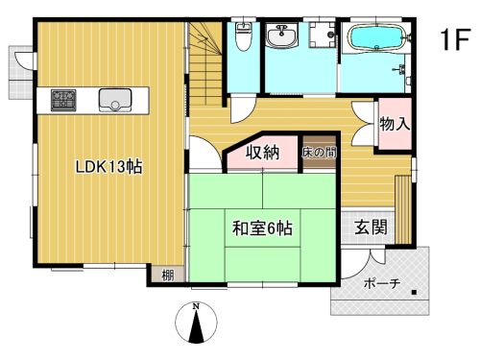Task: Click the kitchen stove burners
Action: pos(64,98)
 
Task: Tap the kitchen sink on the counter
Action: pos(114,98)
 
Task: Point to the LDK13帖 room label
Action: pos(109,166)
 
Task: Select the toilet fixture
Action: pos(244,37)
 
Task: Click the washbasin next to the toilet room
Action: pos(283,37)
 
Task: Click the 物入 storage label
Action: pos(395,123)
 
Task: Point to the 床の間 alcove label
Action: pos(318,152)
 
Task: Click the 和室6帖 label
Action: pos(262,229)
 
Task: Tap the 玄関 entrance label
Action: pos(371,228)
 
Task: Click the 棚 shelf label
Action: pos(167,276)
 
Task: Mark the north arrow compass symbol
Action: pos(196,324)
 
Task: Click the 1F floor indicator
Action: pos(455,40)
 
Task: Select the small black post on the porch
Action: pos(413,291)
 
